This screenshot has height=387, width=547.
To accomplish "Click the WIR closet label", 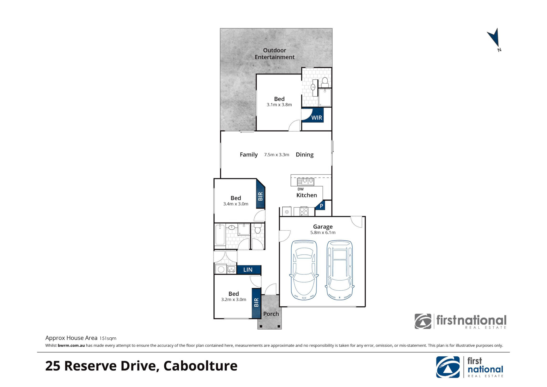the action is pyautogui.click(x=317, y=118).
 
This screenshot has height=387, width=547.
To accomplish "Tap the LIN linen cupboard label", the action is pyautogui.click(x=248, y=270).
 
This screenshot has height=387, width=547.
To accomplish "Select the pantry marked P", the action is pyautogui.click(x=321, y=206).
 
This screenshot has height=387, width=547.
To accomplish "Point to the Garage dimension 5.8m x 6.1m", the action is pyautogui.click(x=323, y=233).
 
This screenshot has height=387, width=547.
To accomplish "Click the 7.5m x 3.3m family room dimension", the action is pyautogui.click(x=277, y=155).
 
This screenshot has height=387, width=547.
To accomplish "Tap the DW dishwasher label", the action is pyautogui.click(x=301, y=189).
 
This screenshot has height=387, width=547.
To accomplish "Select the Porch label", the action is pyautogui.click(x=271, y=314).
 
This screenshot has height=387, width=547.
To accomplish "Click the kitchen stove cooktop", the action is pyautogui.click(x=304, y=211).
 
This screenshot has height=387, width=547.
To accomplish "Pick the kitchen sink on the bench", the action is pyautogui.click(x=305, y=181).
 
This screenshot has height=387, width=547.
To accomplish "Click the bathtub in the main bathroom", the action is pyautogui.click(x=220, y=235).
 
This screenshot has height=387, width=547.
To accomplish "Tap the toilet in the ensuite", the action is pyautogui.click(x=325, y=83).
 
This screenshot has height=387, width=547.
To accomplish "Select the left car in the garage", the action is pyautogui.click(x=304, y=270).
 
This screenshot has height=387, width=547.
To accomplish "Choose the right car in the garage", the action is pyautogui.click(x=340, y=270).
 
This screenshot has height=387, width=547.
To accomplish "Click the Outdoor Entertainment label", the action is pyautogui.click(x=275, y=54).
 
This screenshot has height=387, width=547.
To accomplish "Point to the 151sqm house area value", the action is pyautogui.click(x=108, y=339).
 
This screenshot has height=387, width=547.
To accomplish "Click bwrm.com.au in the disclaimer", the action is pyautogui.click(x=71, y=345).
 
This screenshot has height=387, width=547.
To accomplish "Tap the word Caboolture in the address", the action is pyautogui.click(x=200, y=366).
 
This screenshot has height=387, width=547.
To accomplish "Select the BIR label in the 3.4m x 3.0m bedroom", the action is pyautogui.click(x=260, y=196).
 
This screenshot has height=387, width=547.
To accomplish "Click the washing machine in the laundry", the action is pyautogui.click(x=221, y=269).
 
